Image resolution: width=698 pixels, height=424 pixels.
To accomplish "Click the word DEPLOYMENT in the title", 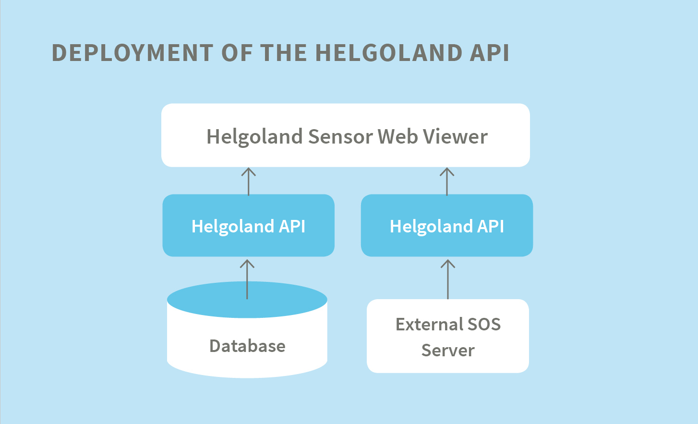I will click(132, 53).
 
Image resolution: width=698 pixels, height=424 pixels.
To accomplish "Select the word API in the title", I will click(489, 53).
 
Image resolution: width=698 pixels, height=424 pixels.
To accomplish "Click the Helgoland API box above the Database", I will click(248, 226).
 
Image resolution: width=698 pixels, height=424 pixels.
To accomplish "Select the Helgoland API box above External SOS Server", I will click(447, 226).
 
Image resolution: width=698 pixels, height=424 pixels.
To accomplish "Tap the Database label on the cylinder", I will click(247, 346).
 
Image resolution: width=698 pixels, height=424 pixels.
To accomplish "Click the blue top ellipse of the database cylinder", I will click(211, 300).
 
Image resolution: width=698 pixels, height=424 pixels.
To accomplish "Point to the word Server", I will click(448, 351).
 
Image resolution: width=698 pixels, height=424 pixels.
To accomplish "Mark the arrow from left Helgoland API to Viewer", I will click(248, 182).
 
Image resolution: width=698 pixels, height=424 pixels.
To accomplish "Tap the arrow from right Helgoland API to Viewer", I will click(447, 182).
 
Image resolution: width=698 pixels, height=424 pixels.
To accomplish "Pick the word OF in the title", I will click(236, 53).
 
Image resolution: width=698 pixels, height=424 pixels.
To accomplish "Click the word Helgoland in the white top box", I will click(254, 137).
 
